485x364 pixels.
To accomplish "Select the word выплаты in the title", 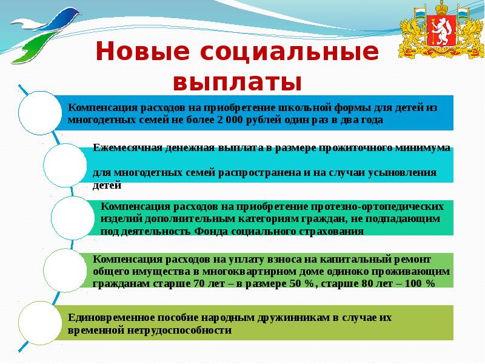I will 237,81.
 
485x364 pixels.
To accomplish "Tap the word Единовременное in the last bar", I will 110,317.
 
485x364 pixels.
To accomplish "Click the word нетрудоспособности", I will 179,331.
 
